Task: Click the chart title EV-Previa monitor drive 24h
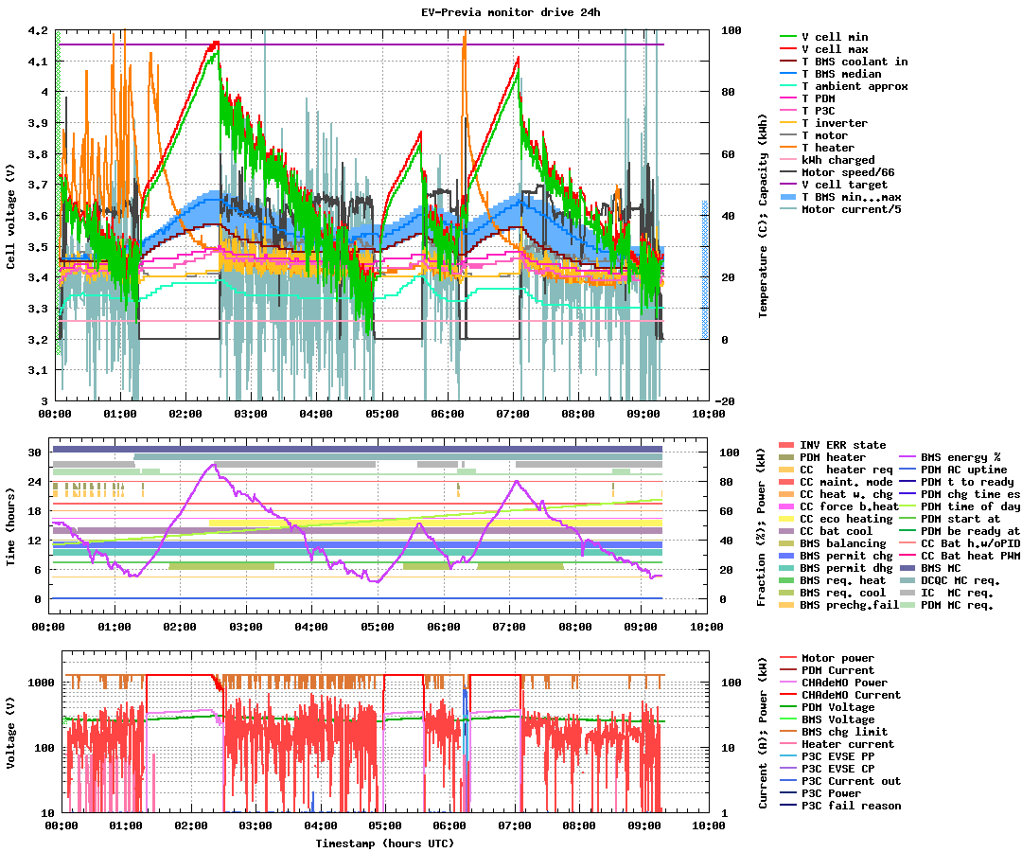tap(511, 12)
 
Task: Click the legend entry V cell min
tap(835, 37)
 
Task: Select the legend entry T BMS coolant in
tap(855, 62)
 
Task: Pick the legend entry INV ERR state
tap(842, 445)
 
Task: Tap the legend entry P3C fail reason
tap(851, 806)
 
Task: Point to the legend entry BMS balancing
tap(842, 543)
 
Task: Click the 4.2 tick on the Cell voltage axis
tap(37, 30)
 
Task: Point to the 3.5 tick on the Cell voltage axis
tap(37, 247)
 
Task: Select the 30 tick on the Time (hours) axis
tap(34, 453)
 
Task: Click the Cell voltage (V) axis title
tap(11, 216)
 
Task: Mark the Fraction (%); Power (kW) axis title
tap(762, 525)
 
